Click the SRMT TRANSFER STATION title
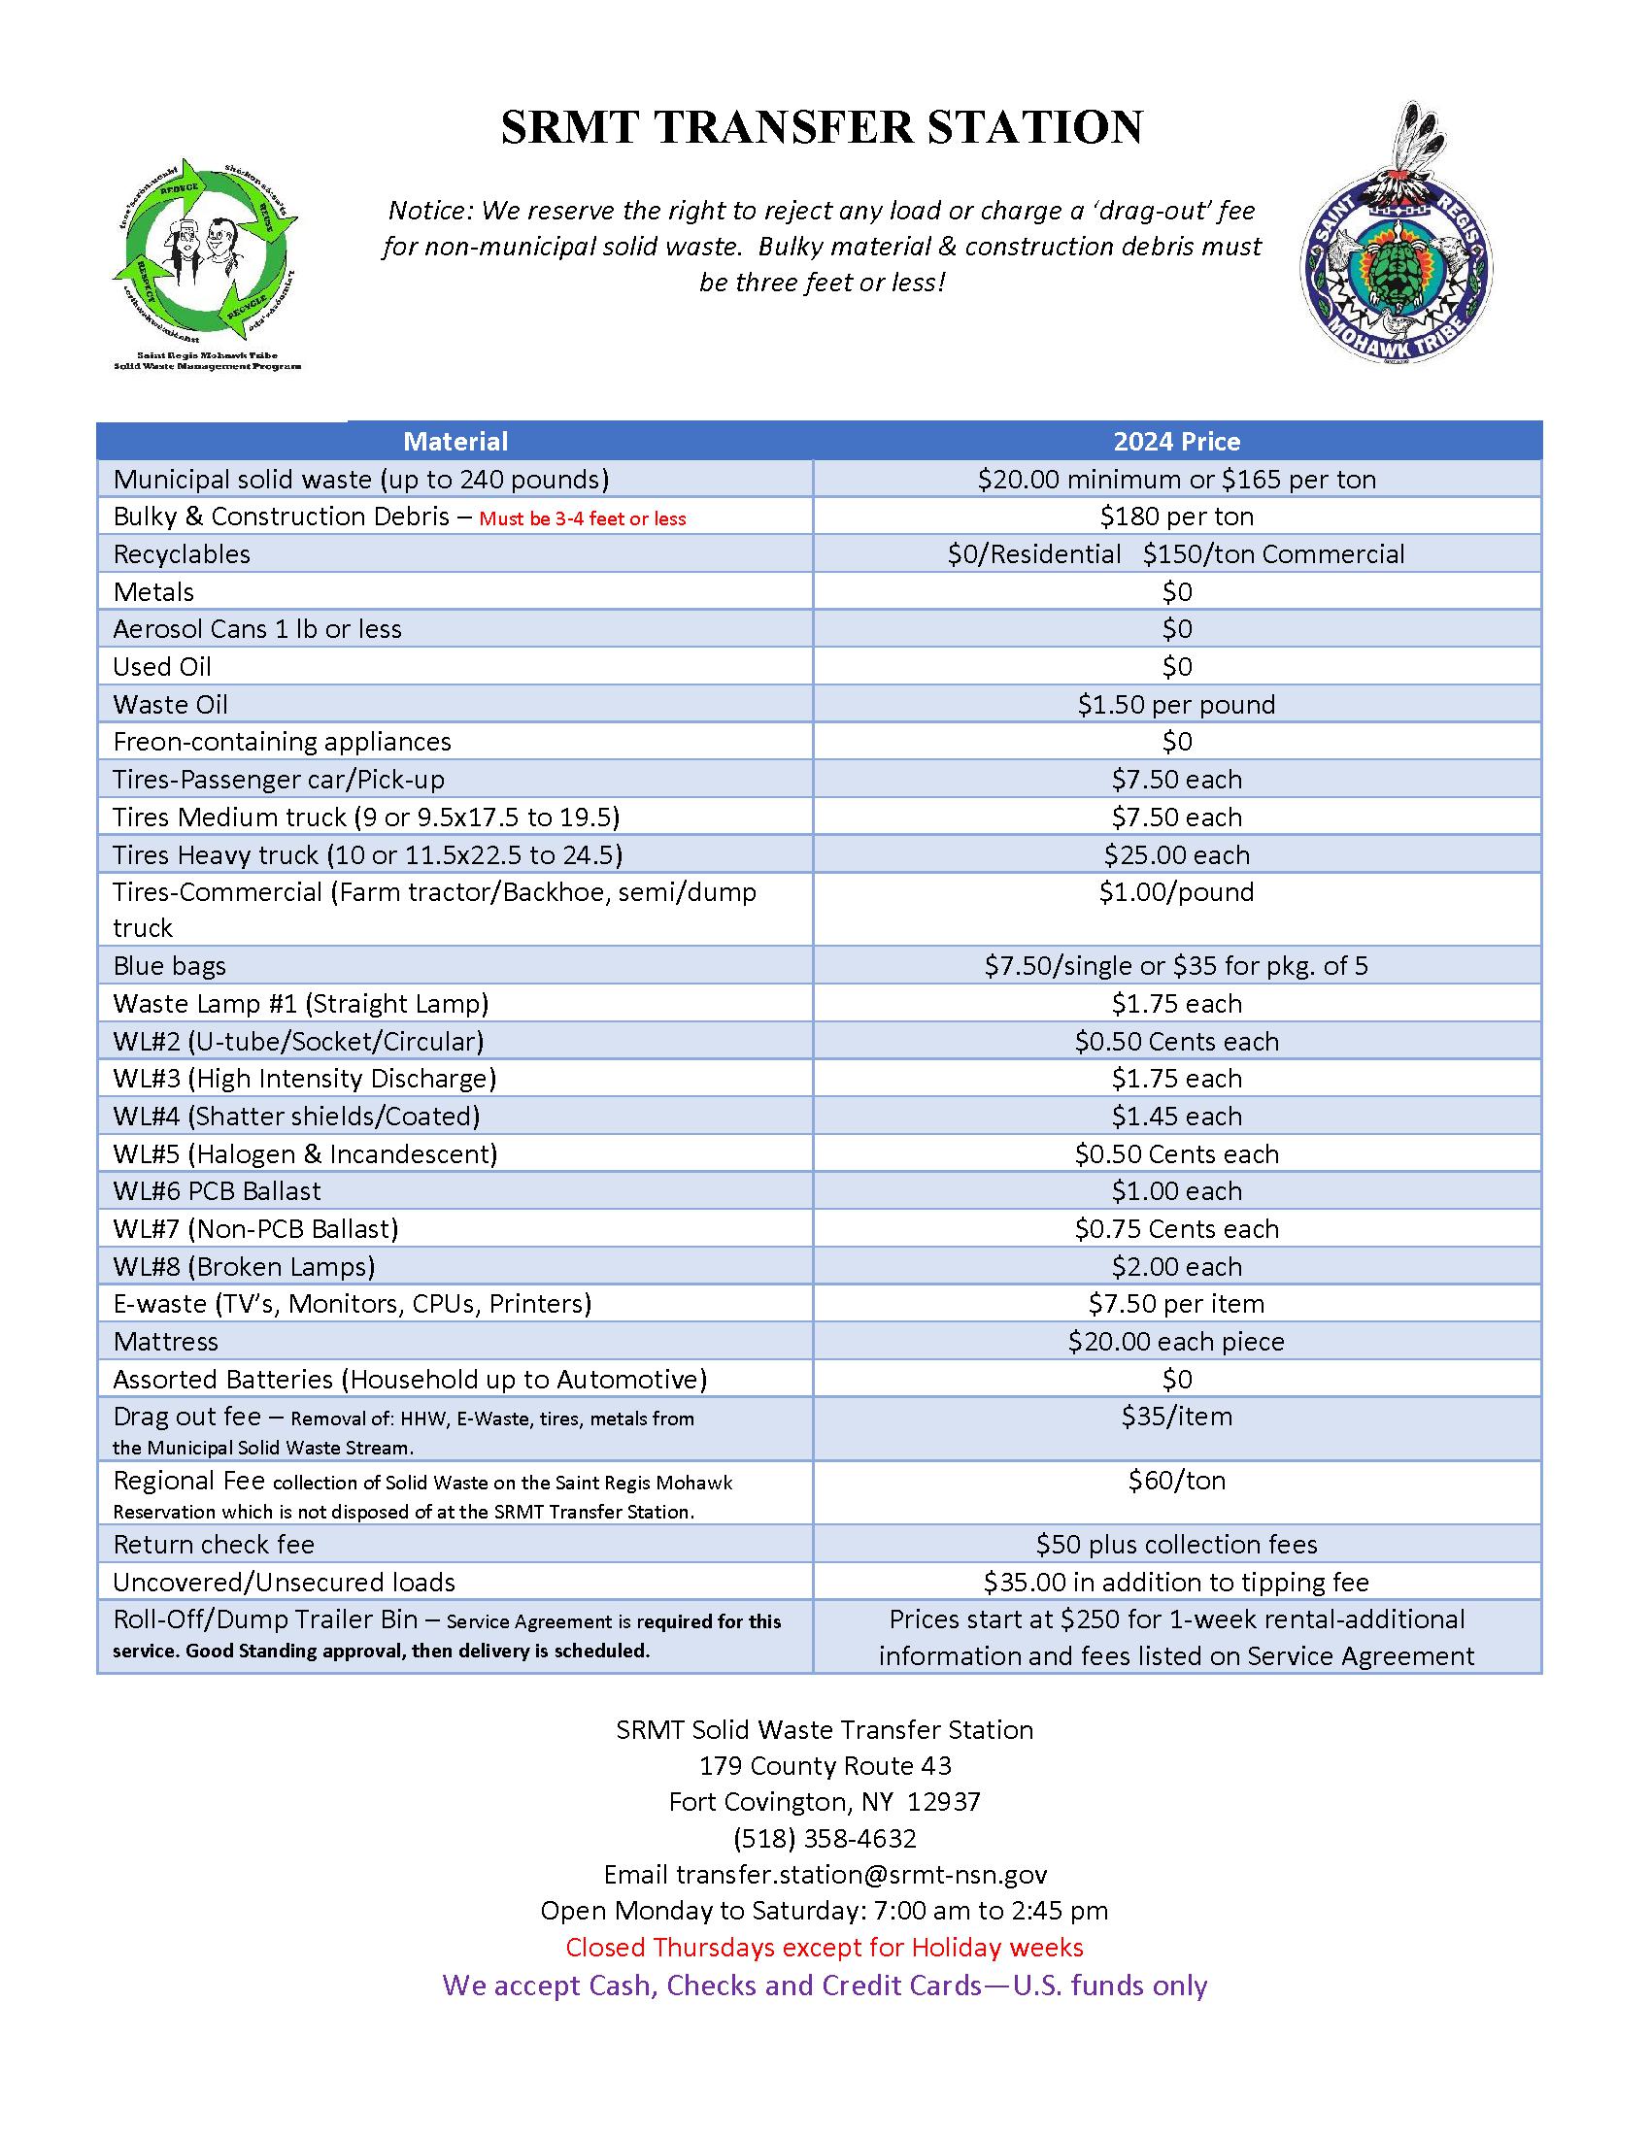822,127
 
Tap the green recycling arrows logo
205,245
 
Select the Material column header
455,441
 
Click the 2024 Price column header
1177,441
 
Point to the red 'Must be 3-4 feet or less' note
582,518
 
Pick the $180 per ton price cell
1177,517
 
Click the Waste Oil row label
170,704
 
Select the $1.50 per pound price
1177,704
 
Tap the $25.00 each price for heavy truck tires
1177,854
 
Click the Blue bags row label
169,966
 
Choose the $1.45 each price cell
1177,1116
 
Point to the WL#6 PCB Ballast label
218,1191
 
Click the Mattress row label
165,1342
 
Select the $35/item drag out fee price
1177,1417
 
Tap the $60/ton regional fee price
1177,1481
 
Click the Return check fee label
214,1545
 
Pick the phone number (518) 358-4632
825,1839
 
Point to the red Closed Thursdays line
825,1948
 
